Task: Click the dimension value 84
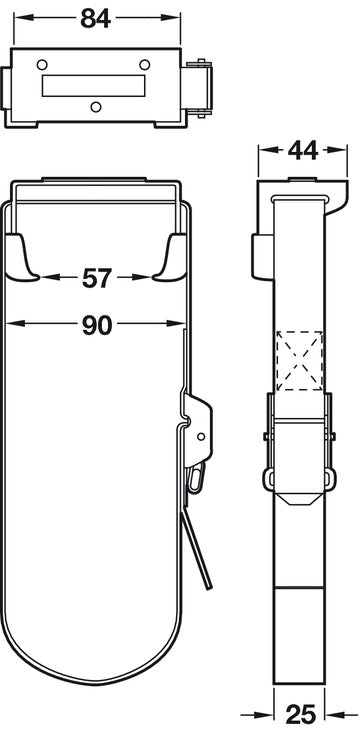tap(96, 19)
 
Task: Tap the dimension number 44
tap(303, 150)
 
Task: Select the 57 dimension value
tap(97, 278)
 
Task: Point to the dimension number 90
tap(97, 325)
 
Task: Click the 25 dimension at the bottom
tap(300, 714)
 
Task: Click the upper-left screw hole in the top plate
tap(42, 64)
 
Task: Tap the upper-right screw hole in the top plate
tap(145, 64)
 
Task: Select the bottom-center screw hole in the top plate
tap(96, 107)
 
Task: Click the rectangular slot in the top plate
tap(94, 86)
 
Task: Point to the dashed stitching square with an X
tap(300, 361)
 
